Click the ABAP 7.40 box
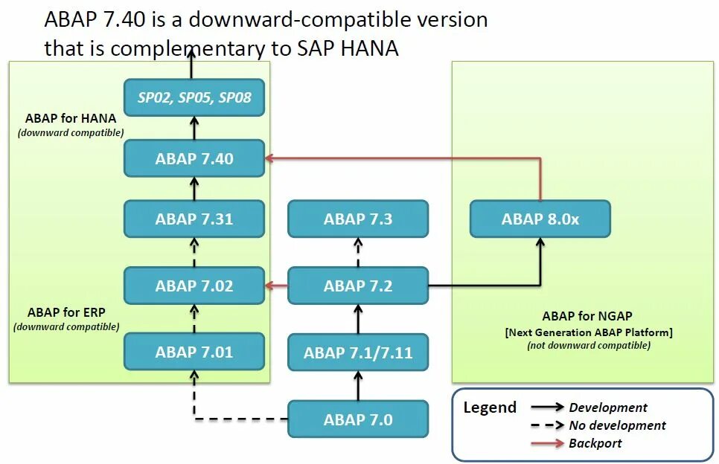point(194,158)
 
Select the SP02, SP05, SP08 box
point(194,97)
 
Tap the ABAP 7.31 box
point(194,219)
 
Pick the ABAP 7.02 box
point(194,286)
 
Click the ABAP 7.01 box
point(194,352)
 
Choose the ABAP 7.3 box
point(358,219)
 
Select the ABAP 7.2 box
point(358,286)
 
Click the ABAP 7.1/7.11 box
point(358,352)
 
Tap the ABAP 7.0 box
point(358,419)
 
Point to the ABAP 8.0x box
point(540,219)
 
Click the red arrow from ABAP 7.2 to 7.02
point(277,286)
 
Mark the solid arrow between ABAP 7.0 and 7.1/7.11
point(358,386)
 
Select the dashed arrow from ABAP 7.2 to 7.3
point(358,252)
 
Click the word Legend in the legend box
point(489,407)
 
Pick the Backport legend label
point(595,443)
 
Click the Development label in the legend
point(607,407)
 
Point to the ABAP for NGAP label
point(588,315)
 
